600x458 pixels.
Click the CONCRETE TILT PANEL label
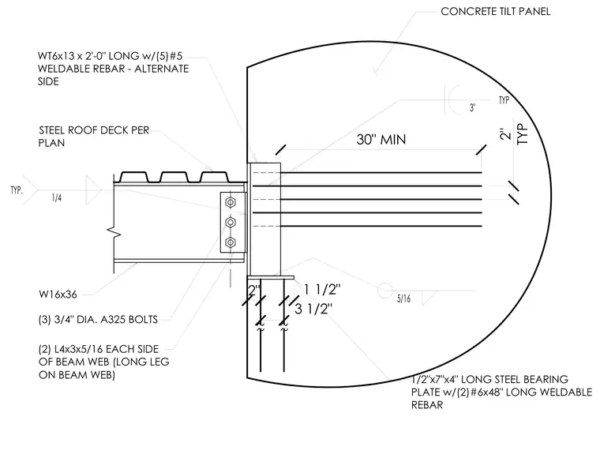click(x=496, y=12)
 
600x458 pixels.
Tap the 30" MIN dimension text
click(x=381, y=139)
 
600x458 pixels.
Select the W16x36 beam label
click(x=58, y=295)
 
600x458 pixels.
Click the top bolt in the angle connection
click(x=231, y=202)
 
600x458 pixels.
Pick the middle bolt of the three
click(x=231, y=223)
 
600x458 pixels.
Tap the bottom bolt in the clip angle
click(x=231, y=242)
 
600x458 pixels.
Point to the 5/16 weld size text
click(x=403, y=298)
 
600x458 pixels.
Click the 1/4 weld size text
click(x=56, y=198)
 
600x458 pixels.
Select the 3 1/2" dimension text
click(x=313, y=309)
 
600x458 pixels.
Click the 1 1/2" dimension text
click(x=322, y=290)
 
